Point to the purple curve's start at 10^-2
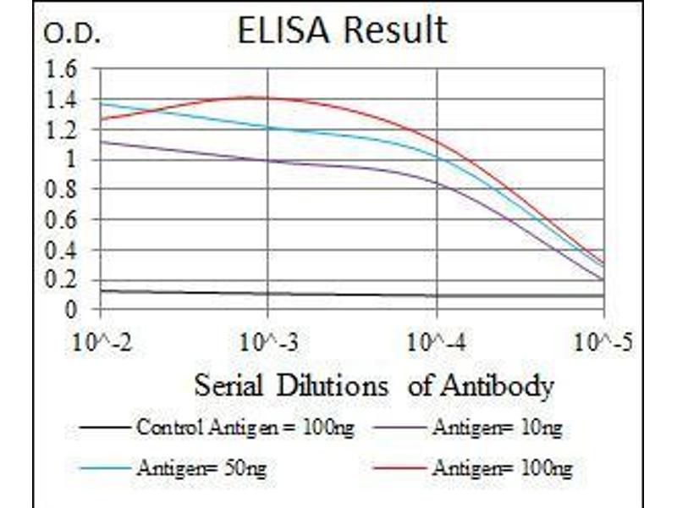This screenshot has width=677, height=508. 101,141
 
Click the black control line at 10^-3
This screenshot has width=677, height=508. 267,294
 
